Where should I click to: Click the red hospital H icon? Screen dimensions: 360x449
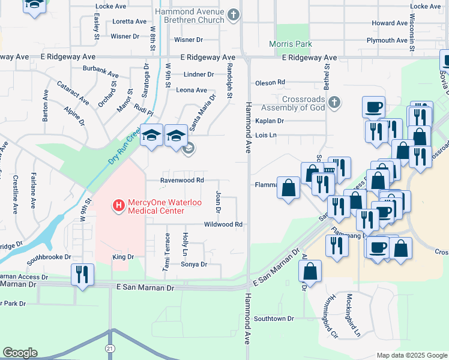119,206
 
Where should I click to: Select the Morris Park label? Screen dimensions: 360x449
299,44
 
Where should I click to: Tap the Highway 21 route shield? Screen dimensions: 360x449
109,349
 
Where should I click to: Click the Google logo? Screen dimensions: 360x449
20,353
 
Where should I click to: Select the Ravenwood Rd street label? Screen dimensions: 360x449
182,180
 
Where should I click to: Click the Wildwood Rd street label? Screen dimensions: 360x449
223,224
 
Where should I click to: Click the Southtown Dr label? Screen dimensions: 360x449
274,319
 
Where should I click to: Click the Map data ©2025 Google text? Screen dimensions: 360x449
411,355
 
